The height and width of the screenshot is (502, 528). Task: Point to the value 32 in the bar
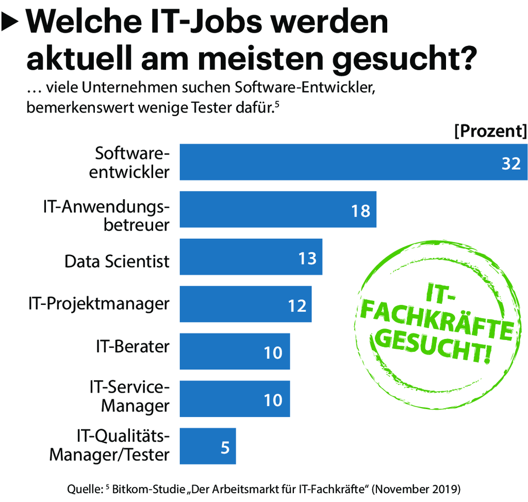[x=511, y=163]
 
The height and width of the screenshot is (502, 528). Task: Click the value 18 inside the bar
[x=360, y=210]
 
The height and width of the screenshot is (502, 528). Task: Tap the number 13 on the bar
[x=307, y=258]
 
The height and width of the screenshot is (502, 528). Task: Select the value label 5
[x=225, y=447]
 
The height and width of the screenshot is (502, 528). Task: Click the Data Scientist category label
[x=117, y=261]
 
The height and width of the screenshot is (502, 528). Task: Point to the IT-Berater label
[x=132, y=346]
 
